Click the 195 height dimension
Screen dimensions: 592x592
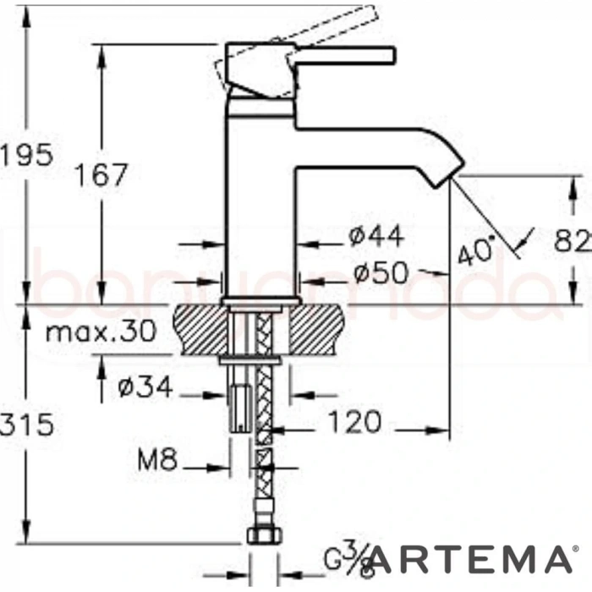(27, 155)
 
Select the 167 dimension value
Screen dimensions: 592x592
(101, 175)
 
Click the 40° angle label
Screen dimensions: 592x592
(474, 250)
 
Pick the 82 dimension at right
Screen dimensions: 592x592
(573, 243)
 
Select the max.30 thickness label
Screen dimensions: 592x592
(101, 331)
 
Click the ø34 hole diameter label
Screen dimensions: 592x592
(145, 388)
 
